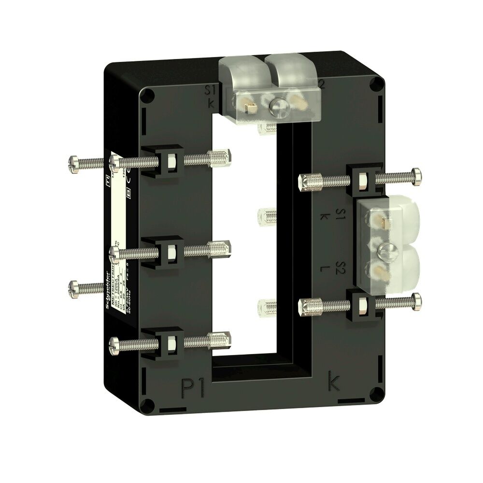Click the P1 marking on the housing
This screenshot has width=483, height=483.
(x=193, y=388)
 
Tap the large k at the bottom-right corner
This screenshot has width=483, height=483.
(x=334, y=381)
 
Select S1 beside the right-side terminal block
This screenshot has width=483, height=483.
(x=340, y=213)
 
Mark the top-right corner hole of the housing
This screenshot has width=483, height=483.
(x=377, y=84)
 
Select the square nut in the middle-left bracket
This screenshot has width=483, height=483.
(x=171, y=251)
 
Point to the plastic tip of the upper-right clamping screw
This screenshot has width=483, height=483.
(x=307, y=182)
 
